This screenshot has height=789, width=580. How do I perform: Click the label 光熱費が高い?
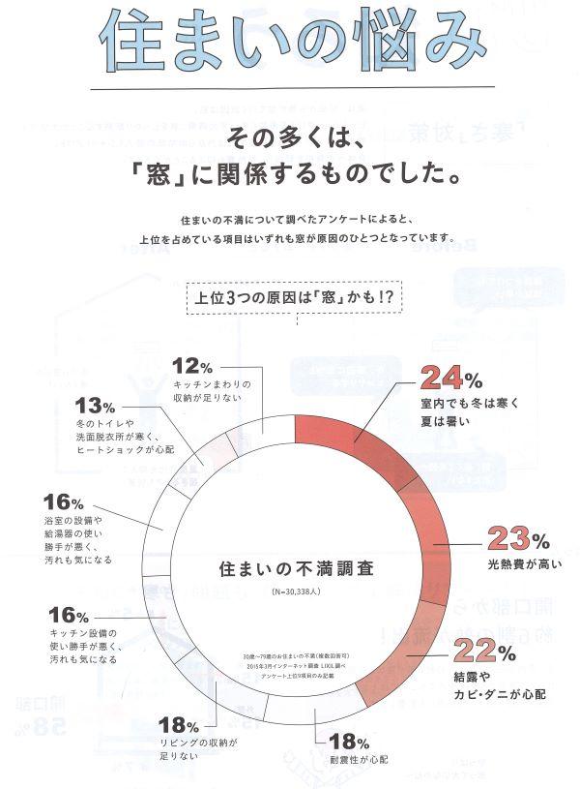pos(517,563)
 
